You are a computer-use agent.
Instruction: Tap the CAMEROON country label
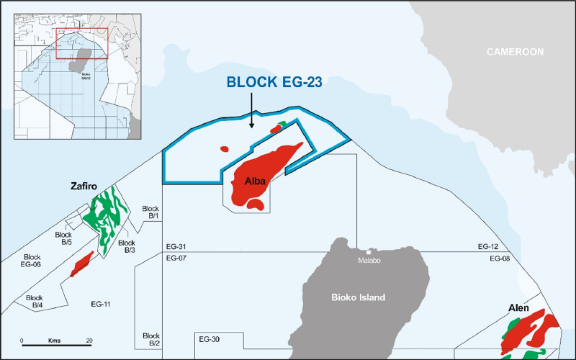pos(515,52)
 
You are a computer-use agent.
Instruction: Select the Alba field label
pos(256,180)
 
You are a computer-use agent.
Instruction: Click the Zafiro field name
pos(84,184)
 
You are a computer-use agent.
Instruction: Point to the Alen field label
pos(518,308)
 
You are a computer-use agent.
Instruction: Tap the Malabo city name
pos(370,261)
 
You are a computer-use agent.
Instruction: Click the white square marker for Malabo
pos(368,251)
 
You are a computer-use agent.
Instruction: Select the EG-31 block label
pos(176,247)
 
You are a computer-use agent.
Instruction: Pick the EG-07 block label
pos(176,257)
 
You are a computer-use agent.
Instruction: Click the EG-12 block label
pos(488,247)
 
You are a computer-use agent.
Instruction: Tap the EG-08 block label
pos(499,257)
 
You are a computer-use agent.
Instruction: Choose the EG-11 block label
pos(100,305)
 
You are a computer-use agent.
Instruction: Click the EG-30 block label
pos(209,339)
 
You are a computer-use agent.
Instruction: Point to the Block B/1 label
pos(151,211)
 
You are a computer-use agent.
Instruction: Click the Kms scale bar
pos(55,345)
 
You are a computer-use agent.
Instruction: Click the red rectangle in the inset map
pos(82,43)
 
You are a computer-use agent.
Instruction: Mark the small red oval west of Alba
pos(224,149)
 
